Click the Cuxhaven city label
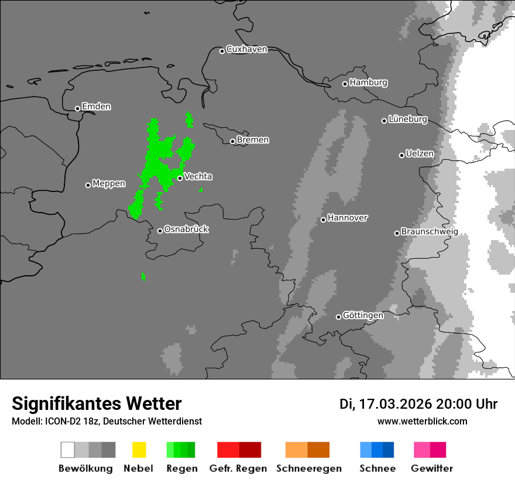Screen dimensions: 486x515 point(246,50)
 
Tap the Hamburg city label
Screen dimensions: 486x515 point(368,83)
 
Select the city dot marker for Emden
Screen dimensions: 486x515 point(77,108)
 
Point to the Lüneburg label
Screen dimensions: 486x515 point(408,119)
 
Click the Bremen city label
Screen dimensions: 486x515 point(253,140)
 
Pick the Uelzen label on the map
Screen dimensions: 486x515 point(420,154)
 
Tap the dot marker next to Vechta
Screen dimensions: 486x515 point(180,178)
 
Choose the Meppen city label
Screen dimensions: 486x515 point(109,184)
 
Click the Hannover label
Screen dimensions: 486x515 point(348,218)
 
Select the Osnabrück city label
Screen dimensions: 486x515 point(186,230)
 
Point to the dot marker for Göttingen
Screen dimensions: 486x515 point(338,317)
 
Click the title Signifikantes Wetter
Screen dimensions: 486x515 point(97,403)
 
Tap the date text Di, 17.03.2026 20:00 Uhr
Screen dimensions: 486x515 point(418,404)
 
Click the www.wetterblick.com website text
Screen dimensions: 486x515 point(422,421)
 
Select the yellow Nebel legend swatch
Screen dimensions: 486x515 point(139,450)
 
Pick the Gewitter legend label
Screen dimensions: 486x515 point(431,468)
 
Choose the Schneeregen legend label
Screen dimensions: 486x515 point(308,468)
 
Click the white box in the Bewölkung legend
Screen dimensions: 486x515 point(68,450)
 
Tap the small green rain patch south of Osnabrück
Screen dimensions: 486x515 point(143,276)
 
